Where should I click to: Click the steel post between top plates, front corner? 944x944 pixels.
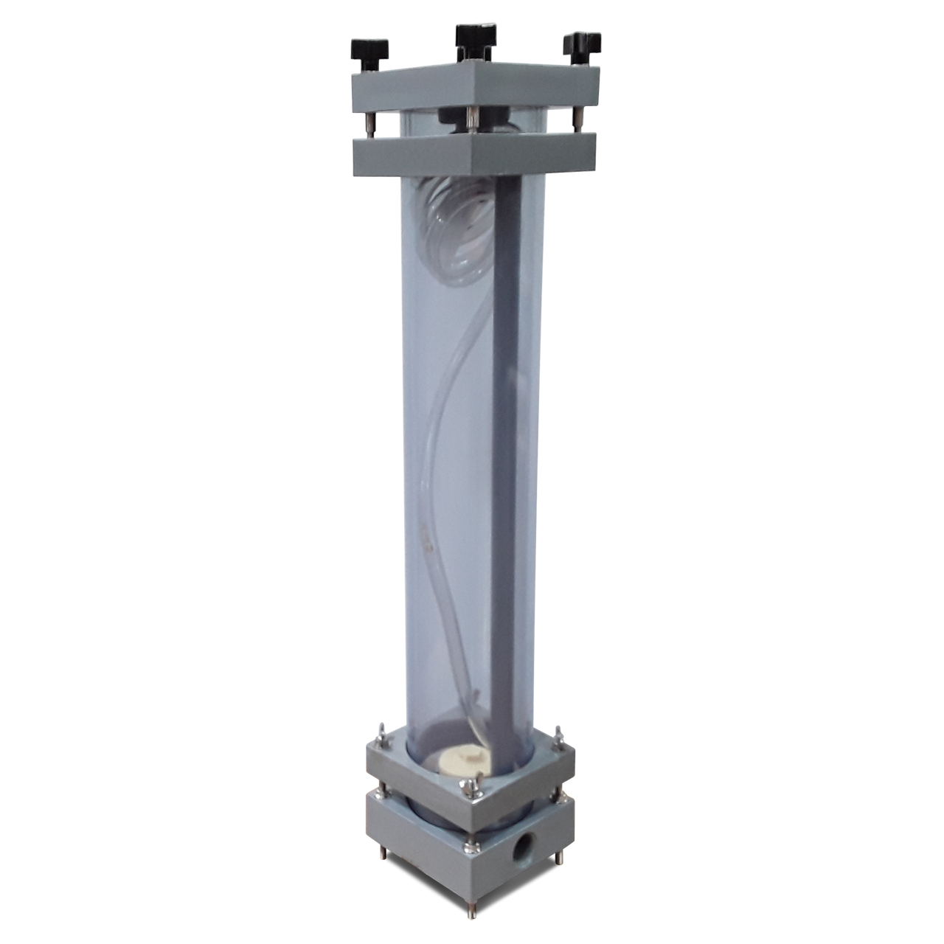(469, 117)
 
